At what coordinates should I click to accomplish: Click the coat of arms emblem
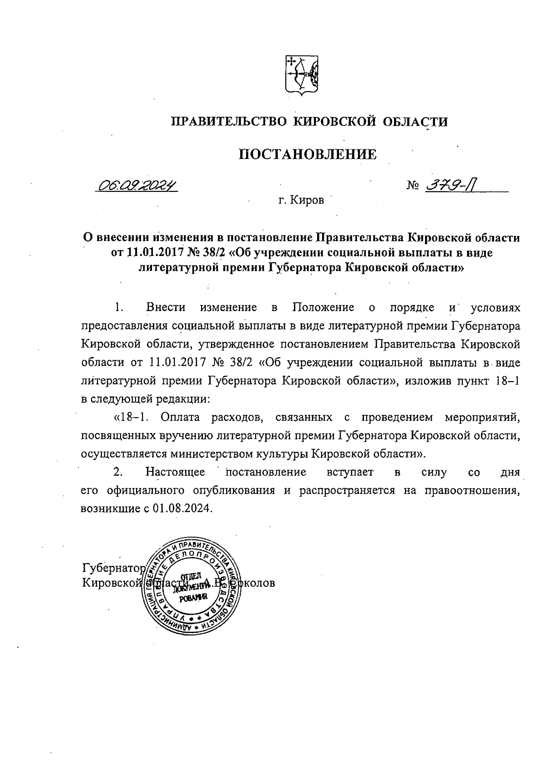coord(301,75)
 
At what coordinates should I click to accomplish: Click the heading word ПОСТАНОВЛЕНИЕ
coord(308,154)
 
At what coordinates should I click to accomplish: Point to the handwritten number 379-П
coord(453,185)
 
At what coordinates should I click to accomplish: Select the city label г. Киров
coord(301,200)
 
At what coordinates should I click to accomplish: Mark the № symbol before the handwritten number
coord(413,186)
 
